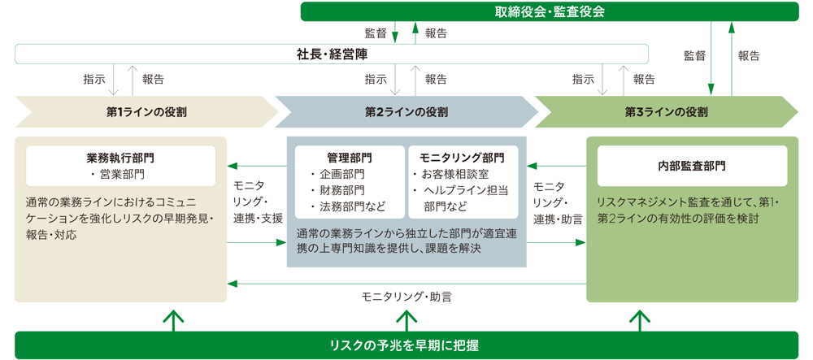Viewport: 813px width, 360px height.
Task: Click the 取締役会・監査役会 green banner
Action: [x=550, y=11]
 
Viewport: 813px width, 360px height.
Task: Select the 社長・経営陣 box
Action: [x=332, y=54]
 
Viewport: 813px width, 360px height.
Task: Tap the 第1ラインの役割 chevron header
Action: [x=146, y=111]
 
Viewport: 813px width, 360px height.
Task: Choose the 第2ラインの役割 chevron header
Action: [x=406, y=111]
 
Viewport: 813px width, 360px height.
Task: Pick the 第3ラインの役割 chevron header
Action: [x=667, y=111]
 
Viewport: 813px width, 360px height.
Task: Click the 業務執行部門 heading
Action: [x=120, y=158]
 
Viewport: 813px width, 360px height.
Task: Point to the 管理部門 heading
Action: [x=349, y=158]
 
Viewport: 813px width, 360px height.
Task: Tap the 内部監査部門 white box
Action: [x=692, y=166]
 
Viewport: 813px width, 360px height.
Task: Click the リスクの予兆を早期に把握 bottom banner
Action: [x=406, y=345]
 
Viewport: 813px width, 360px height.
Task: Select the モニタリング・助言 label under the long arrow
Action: [x=406, y=297]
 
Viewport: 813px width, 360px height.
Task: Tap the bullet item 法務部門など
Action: [x=348, y=206]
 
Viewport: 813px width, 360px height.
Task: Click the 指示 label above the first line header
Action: [x=93, y=80]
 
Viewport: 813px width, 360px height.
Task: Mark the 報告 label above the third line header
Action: [x=644, y=80]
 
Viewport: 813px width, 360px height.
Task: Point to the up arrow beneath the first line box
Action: [x=173, y=321]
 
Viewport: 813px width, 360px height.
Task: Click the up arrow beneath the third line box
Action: [x=640, y=321]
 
